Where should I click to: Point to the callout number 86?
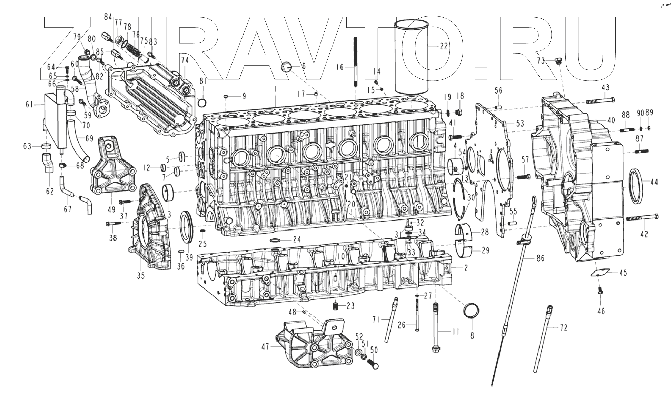[x=540, y=258]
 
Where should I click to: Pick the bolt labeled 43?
[x=600, y=100]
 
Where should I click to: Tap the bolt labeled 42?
[x=642, y=217]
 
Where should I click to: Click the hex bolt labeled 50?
[x=373, y=364]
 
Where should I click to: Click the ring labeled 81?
[x=203, y=102]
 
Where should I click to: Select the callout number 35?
[x=140, y=276]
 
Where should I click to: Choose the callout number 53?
[x=520, y=123]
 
